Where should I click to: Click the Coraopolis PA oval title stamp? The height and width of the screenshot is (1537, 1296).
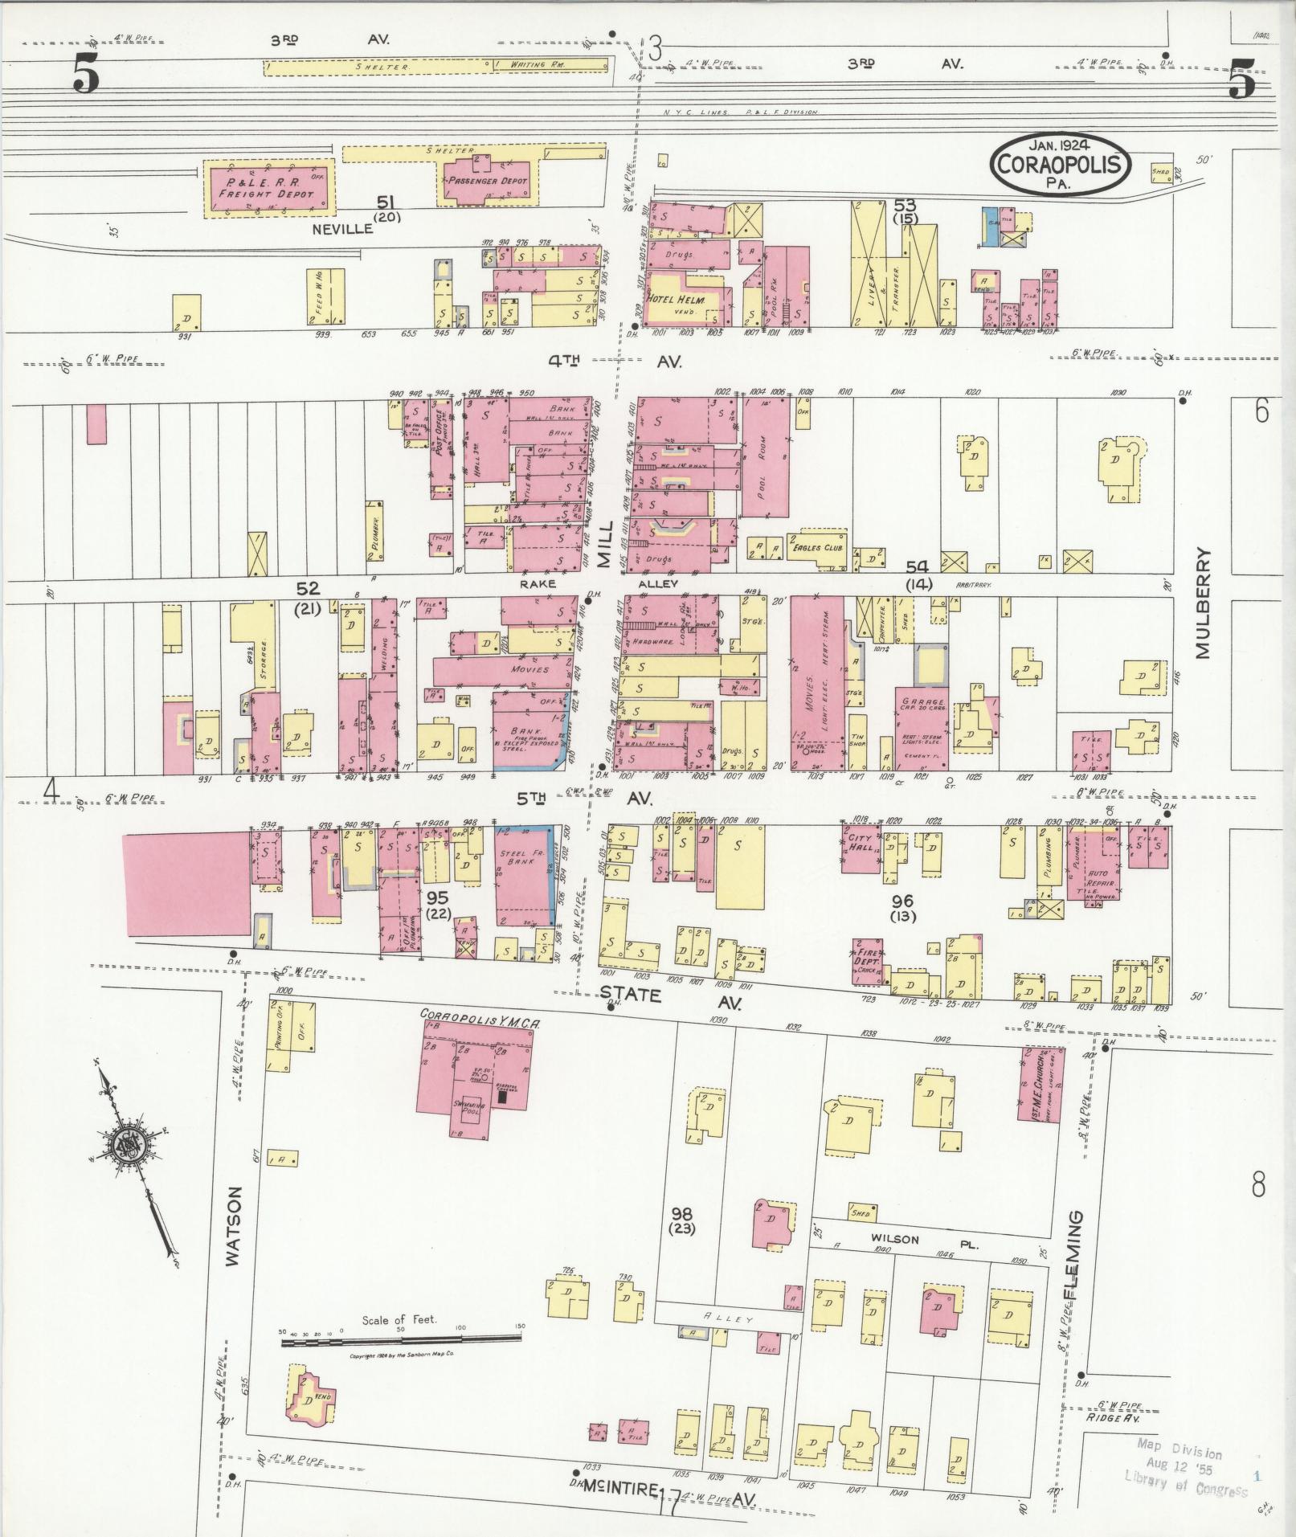(x=1061, y=164)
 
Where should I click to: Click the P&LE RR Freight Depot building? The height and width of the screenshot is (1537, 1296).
(x=271, y=187)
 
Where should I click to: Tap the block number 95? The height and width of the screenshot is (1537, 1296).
(x=438, y=897)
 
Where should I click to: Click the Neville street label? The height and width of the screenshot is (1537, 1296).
(x=344, y=228)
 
